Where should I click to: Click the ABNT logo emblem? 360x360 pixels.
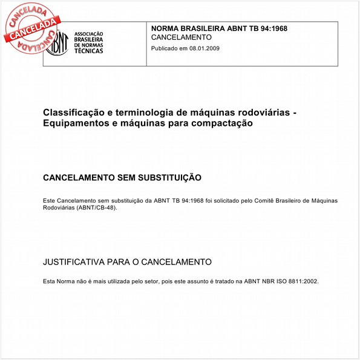[59, 44]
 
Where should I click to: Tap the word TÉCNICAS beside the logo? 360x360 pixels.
[88, 51]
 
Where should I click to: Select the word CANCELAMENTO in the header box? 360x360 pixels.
[182, 38]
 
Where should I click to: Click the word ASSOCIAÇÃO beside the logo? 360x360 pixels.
[88, 34]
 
